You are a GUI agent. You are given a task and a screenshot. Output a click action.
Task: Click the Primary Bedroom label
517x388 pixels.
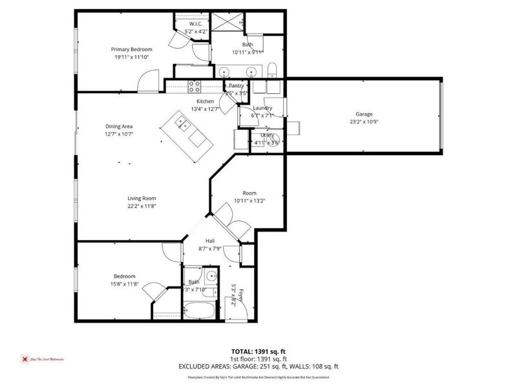(131, 49)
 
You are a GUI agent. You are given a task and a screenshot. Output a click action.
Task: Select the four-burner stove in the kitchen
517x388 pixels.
(195, 85)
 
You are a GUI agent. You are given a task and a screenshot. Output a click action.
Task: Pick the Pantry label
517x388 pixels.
(237, 85)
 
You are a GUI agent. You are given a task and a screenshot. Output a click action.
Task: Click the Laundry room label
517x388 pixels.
(262, 108)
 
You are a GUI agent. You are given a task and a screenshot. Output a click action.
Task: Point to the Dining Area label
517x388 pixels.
(119, 127)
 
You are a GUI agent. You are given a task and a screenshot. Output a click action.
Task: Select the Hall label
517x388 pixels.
(210, 241)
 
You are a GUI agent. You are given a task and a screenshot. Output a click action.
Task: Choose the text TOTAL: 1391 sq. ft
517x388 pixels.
(258, 350)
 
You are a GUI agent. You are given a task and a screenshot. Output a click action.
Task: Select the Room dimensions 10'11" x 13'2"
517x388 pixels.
(249, 201)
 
